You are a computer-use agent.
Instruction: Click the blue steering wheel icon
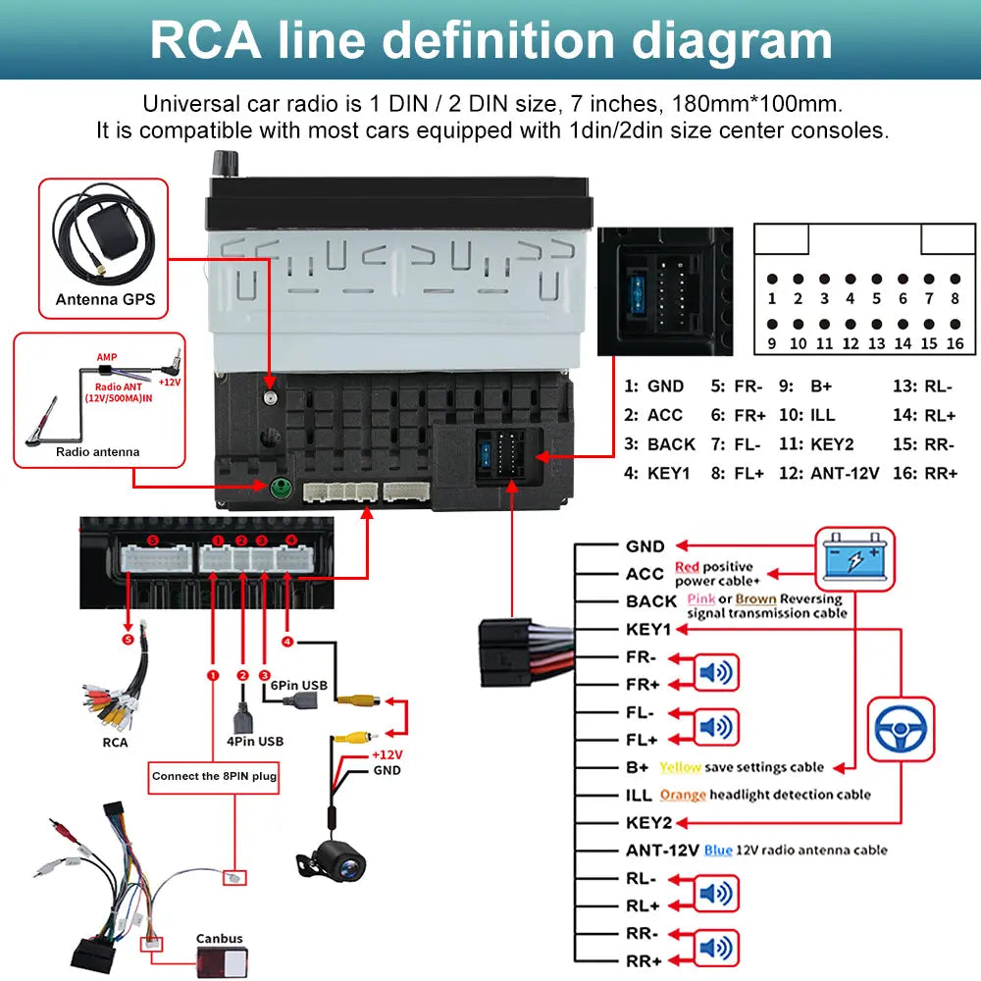(902, 728)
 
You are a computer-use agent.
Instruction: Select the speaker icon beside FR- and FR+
(716, 672)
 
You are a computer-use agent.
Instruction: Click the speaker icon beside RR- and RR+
(716, 948)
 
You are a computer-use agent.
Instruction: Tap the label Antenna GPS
(105, 299)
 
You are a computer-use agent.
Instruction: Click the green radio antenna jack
(281, 487)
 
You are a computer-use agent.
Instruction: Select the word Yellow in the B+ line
(680, 767)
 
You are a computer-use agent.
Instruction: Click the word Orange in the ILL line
(683, 795)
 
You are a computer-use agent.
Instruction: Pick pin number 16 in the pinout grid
(955, 343)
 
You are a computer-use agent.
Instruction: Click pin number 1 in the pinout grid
(772, 298)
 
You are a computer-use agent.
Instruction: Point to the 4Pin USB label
(254, 741)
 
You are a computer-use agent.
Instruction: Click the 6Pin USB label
(299, 685)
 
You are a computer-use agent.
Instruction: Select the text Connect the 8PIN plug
(215, 776)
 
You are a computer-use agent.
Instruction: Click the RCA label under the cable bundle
(115, 742)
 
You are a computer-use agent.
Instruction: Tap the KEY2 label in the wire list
(648, 822)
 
